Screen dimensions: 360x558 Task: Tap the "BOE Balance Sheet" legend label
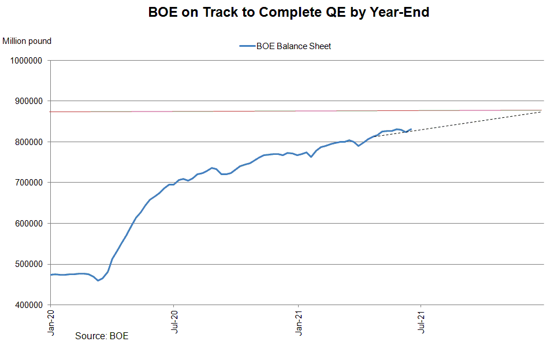(293, 46)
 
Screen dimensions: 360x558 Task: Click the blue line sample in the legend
(247, 46)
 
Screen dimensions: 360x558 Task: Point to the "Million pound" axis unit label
(27, 41)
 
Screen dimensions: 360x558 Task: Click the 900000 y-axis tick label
(27, 101)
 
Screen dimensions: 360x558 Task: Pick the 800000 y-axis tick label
(27, 142)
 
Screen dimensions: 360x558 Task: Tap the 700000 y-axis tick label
(27, 183)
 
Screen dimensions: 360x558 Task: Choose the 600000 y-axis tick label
(27, 223)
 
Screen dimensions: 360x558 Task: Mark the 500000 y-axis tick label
(27, 264)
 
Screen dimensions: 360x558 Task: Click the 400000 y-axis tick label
(27, 305)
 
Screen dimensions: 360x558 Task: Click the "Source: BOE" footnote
(102, 336)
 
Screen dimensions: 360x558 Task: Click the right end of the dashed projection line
(541, 112)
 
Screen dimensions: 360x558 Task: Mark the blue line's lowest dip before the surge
(98, 280)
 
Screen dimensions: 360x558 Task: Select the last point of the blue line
(411, 129)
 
